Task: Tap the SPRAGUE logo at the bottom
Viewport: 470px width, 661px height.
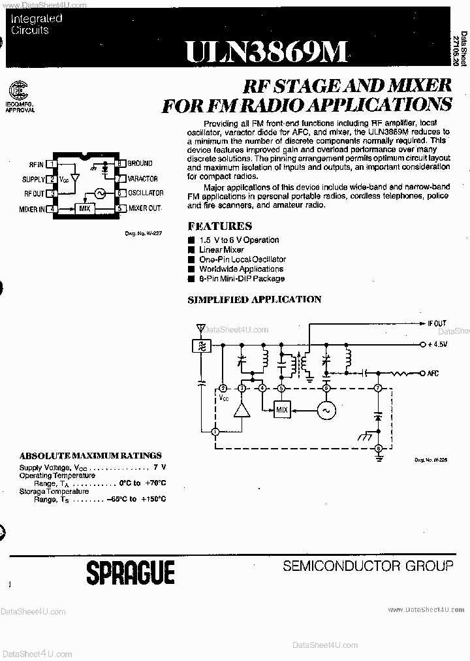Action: click(x=131, y=573)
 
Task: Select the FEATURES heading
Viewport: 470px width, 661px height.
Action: click(x=219, y=226)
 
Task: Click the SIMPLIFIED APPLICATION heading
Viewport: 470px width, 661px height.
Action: click(x=254, y=299)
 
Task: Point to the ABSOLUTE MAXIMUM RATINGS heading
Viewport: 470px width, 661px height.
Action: click(x=90, y=455)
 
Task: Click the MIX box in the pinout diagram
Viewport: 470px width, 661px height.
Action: click(x=85, y=208)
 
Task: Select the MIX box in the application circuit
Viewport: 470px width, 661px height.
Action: click(x=281, y=410)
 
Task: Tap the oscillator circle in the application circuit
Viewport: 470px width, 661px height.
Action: click(x=326, y=410)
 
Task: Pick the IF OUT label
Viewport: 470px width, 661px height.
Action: click(x=437, y=323)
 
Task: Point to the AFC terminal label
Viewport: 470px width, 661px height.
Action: click(x=433, y=374)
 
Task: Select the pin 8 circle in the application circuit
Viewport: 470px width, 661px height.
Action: click(x=378, y=448)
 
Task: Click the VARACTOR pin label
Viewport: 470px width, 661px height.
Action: click(x=142, y=178)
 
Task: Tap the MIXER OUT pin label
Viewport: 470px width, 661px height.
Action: click(x=145, y=208)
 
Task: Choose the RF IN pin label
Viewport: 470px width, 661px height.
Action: click(x=36, y=164)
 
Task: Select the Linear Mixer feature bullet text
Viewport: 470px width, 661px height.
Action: click(x=221, y=250)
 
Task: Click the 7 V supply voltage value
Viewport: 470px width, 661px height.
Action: click(x=159, y=468)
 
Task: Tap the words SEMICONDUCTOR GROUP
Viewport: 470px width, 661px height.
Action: click(x=368, y=566)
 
